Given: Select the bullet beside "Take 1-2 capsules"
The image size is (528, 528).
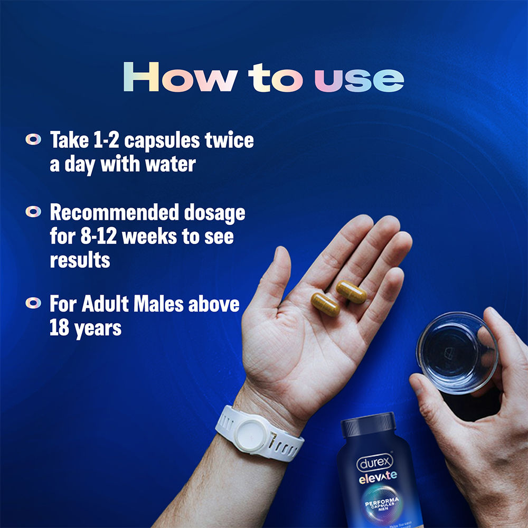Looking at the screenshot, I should (x=33, y=140).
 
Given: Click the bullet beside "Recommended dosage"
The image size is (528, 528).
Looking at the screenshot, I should (x=33, y=212).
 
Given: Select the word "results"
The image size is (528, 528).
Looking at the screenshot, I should (x=80, y=260).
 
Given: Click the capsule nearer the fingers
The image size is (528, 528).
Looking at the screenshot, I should (x=351, y=292).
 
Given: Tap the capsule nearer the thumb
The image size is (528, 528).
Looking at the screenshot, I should (x=325, y=305).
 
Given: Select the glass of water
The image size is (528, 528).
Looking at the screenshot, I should (x=457, y=352).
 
